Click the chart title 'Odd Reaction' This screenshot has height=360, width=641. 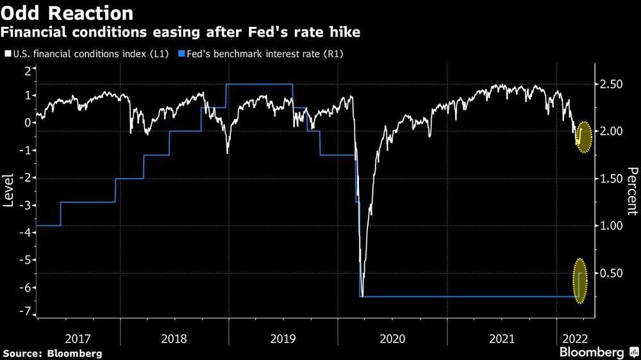67,13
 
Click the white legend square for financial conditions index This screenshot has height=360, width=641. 8,54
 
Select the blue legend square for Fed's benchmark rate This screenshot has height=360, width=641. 181,54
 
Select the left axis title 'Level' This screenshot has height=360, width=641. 9,191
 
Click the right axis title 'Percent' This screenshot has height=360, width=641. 632,191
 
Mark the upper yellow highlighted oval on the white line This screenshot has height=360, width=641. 583,136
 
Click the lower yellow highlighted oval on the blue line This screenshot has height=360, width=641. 580,281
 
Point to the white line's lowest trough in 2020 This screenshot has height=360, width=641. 362,295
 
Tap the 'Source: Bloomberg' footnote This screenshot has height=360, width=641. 52,353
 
